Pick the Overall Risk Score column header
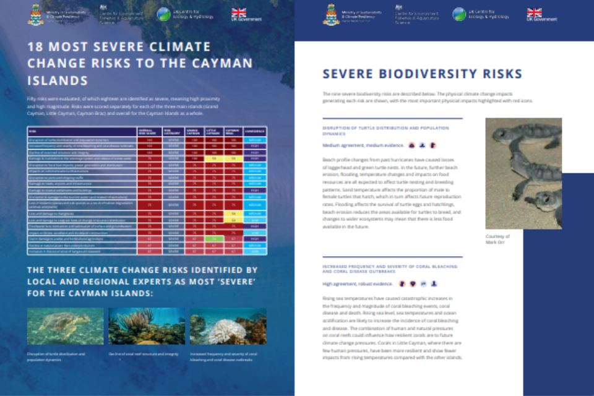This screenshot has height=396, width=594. click(x=149, y=131)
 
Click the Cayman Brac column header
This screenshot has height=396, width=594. click(x=233, y=131)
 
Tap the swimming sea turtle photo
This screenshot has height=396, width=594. click(x=56, y=327)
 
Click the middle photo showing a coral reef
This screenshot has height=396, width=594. click(x=147, y=327)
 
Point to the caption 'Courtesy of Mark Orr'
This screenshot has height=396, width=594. click(x=497, y=239)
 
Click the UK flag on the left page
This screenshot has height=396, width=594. click(x=238, y=12)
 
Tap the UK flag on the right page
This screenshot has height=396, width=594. click(x=534, y=12)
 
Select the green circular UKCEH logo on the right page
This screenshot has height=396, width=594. click(x=459, y=14)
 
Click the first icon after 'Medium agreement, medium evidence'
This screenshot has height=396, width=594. click(x=411, y=145)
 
